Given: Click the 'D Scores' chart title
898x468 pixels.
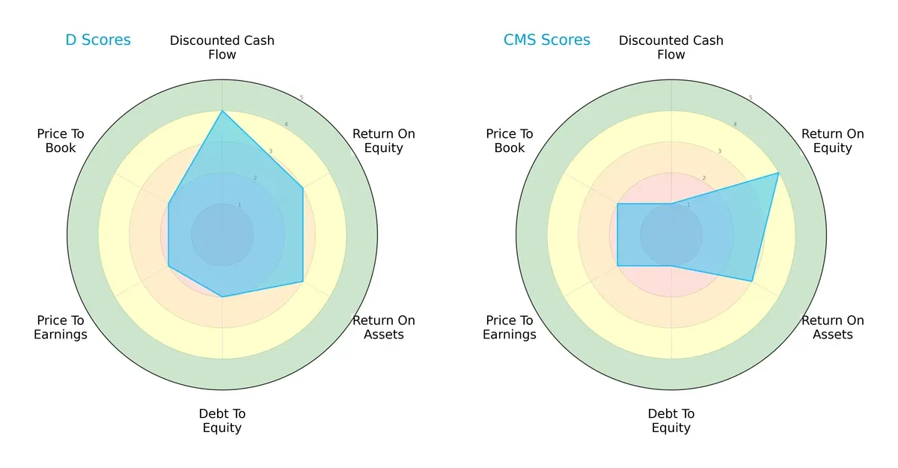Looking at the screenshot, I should (98, 40).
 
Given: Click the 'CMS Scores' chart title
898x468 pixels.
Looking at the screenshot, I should (546, 40).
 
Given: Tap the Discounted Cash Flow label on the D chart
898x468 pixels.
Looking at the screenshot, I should (222, 47).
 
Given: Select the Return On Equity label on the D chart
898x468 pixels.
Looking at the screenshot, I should (384, 141).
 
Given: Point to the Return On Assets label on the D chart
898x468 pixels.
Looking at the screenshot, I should (384, 327).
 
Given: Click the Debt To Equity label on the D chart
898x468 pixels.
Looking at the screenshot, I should (222, 421).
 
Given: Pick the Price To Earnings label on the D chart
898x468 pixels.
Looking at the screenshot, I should (61, 327).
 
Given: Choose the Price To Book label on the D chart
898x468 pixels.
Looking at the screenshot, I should (61, 141).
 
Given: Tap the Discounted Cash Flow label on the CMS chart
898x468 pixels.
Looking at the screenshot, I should (671, 47).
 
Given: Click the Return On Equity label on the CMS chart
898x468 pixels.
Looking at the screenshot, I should (833, 141).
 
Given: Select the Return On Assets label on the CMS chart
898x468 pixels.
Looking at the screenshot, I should (833, 327).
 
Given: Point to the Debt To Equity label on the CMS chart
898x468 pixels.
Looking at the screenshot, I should (671, 421).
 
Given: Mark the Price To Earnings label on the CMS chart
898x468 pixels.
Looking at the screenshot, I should (510, 327).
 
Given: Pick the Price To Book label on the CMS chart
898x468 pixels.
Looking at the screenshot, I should (510, 141).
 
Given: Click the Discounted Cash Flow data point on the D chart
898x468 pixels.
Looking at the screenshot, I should (222, 111).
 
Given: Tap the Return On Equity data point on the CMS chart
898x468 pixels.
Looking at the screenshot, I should (778, 173).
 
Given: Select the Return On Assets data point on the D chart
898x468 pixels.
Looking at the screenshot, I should (302, 282).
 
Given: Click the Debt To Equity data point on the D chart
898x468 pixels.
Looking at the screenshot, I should (222, 297).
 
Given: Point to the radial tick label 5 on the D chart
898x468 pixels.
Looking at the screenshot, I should (302, 98).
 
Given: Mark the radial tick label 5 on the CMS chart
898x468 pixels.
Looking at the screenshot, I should (751, 98).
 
